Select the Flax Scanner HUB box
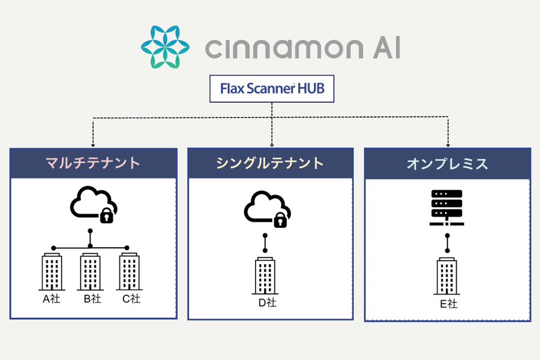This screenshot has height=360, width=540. click(x=271, y=89)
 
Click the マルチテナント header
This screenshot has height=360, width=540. click(x=94, y=163)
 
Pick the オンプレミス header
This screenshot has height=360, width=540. click(x=447, y=163)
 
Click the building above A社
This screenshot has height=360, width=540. click(x=53, y=271)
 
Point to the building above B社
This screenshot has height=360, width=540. click(x=91, y=271)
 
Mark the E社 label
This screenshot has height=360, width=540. click(x=448, y=304)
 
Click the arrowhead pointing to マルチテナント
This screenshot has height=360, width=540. click(x=94, y=144)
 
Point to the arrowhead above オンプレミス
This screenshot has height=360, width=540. click(x=448, y=144)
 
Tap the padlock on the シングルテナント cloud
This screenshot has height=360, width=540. click(x=280, y=221)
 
